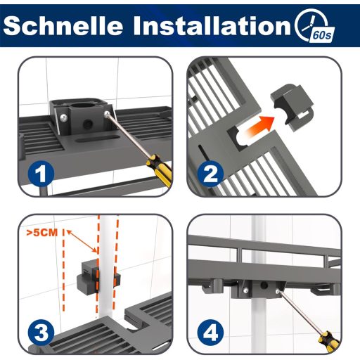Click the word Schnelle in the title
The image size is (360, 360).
63,25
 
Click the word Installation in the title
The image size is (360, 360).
212,25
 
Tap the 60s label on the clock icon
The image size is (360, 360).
322,35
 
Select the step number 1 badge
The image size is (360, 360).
41,174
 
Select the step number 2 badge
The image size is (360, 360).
210,174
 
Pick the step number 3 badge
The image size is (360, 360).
41,332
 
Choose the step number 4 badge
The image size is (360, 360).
210,332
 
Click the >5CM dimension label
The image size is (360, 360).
42,233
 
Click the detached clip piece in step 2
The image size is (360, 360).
292,106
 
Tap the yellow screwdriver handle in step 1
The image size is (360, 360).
160,169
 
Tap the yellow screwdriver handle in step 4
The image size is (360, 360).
328,342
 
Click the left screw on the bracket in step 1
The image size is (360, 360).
63,117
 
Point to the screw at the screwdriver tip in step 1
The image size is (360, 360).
107,114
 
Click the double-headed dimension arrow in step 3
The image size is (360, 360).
82,241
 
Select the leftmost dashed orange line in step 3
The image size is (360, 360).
63,270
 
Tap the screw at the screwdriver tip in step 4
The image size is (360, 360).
278,291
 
